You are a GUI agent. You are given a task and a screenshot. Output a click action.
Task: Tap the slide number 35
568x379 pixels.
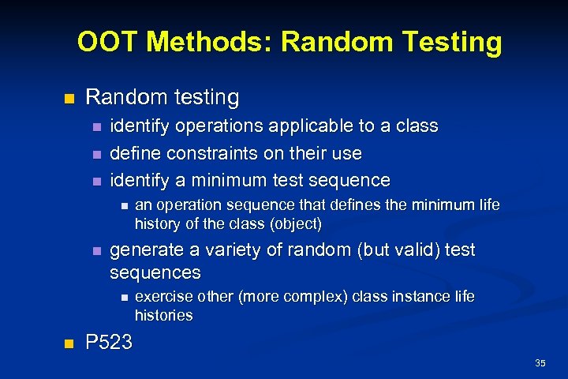tap(540, 363)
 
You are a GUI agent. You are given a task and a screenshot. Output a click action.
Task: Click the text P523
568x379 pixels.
tap(110, 343)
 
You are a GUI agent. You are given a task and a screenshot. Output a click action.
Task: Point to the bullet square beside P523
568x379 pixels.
tap(68, 343)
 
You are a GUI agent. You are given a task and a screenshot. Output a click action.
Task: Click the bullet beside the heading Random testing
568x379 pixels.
tap(68, 99)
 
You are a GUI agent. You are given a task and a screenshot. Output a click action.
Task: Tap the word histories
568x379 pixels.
tap(164, 315)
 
